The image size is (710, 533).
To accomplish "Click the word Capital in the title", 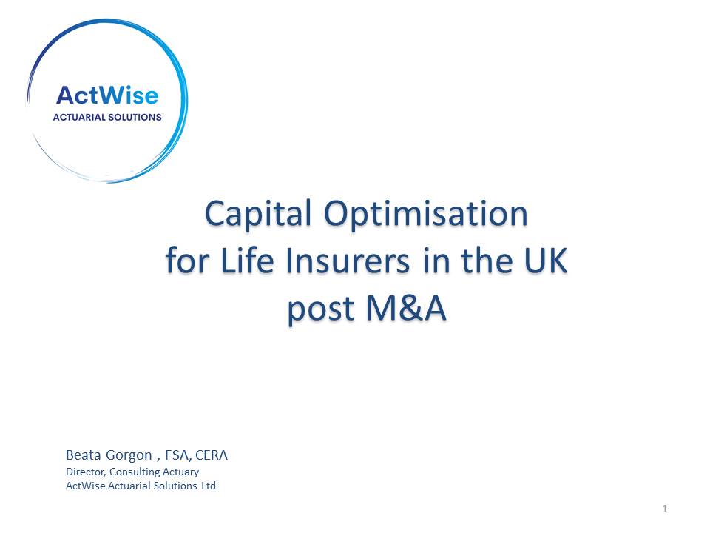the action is [x=258, y=215].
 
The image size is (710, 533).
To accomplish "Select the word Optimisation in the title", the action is [x=426, y=215].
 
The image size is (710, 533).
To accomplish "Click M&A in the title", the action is [x=406, y=308].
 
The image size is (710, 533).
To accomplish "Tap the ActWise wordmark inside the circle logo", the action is [x=107, y=95].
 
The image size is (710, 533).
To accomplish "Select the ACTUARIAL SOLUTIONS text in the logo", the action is [x=107, y=117].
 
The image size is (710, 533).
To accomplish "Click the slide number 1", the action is [x=665, y=509].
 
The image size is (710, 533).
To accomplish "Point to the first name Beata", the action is [x=84, y=455].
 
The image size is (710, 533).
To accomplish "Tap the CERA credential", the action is [x=212, y=455].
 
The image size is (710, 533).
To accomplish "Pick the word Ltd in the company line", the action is [x=209, y=486].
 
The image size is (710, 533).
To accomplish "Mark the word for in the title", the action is [x=186, y=261].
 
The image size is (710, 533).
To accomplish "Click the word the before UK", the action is [x=487, y=261].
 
